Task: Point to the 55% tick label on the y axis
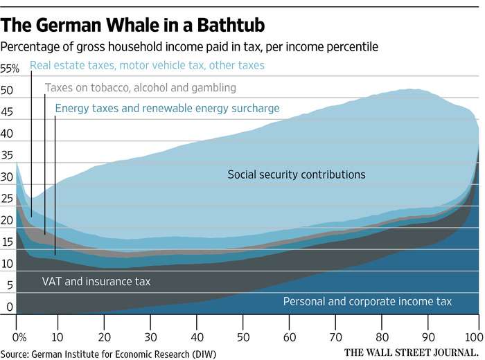tap(10, 69)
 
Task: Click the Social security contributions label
tap(296, 174)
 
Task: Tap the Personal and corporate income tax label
tap(367, 301)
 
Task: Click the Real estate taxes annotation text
tap(147, 66)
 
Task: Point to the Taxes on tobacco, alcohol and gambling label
tap(141, 88)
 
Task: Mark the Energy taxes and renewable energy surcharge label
tap(167, 108)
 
